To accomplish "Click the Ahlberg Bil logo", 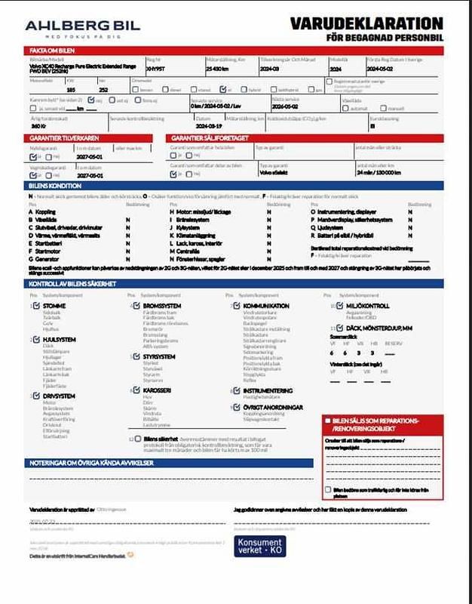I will pyautogui.click(x=83, y=28).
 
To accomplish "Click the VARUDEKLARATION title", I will pyautogui.click(x=378, y=24).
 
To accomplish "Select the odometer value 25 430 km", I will pyautogui.click(x=218, y=68).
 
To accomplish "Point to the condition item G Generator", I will pyautogui.click(x=48, y=257).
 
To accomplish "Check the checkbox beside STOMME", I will pyautogui.click(x=35, y=306).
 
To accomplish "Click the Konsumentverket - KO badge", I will pyautogui.click(x=260, y=546).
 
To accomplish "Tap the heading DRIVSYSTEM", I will pyautogui.click(x=59, y=395).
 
